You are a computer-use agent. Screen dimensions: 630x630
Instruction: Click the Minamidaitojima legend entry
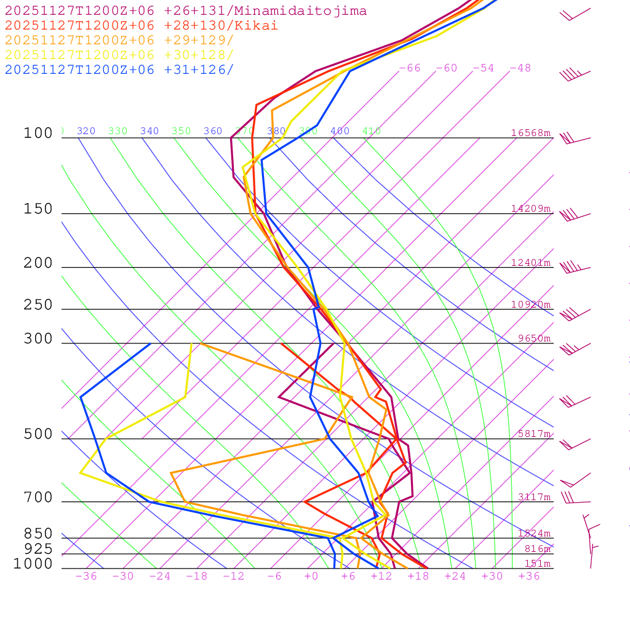point(186,11)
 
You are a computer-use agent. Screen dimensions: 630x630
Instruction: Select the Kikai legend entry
point(142,26)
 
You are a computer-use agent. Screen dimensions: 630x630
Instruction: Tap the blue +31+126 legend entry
point(119,69)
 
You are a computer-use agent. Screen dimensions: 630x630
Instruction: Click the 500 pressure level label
point(38,434)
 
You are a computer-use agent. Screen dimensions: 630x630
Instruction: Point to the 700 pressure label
point(38,497)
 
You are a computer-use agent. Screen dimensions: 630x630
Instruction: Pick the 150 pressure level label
point(38,209)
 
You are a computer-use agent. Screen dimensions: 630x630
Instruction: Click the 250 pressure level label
point(38,305)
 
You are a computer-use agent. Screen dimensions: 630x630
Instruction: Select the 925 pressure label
point(38,548)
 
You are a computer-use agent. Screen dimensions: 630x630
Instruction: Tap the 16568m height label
point(530,133)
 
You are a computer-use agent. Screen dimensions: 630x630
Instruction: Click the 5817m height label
point(533,434)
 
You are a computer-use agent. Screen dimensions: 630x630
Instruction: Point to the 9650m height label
point(533,338)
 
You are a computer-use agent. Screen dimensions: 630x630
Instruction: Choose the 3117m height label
point(533,497)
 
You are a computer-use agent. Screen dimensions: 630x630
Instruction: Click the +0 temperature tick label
point(311,576)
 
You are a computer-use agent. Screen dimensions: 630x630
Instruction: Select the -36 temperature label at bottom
point(86,576)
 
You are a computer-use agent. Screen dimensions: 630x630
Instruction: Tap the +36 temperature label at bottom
point(528,576)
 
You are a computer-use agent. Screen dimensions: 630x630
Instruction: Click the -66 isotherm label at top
point(410,68)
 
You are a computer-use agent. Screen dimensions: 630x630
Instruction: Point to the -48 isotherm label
point(520,68)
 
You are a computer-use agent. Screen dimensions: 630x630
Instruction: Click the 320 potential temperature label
point(86,131)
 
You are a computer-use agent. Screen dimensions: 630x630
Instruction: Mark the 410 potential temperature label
point(372,131)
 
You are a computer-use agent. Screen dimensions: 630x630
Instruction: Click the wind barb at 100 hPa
point(573,138)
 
